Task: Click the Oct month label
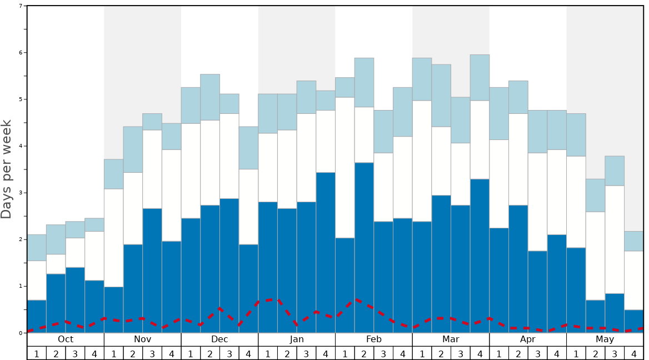(66, 339)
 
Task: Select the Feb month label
(374, 339)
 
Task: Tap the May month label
(605, 339)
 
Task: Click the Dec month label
(219, 339)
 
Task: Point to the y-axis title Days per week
(7, 169)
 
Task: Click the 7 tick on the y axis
(21, 6)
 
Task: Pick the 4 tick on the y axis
(21, 146)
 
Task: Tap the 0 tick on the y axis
(21, 333)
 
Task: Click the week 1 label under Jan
(268, 354)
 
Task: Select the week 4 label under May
(633, 354)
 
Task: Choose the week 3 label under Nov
(152, 354)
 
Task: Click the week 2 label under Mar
(441, 354)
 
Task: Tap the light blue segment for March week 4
(480, 77)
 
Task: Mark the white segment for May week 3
(615, 239)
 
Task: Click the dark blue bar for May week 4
(633, 321)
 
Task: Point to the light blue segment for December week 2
(210, 97)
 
